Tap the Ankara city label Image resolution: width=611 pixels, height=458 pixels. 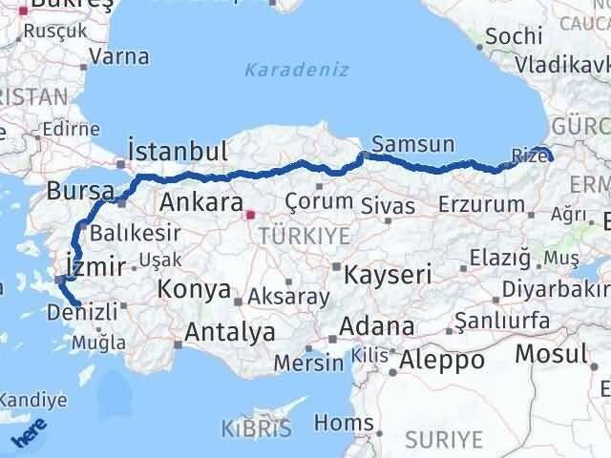click(x=200, y=202)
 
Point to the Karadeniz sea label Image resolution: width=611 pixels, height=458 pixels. click(x=296, y=70)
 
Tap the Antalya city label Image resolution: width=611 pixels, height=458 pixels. click(x=231, y=332)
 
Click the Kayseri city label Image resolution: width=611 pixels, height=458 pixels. click(x=388, y=275)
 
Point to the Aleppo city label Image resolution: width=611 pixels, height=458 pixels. click(x=442, y=360)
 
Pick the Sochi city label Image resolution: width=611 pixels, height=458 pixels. click(x=514, y=37)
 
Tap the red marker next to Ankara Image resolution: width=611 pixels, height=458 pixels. click(x=250, y=215)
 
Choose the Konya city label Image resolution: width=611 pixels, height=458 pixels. click(x=194, y=288)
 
